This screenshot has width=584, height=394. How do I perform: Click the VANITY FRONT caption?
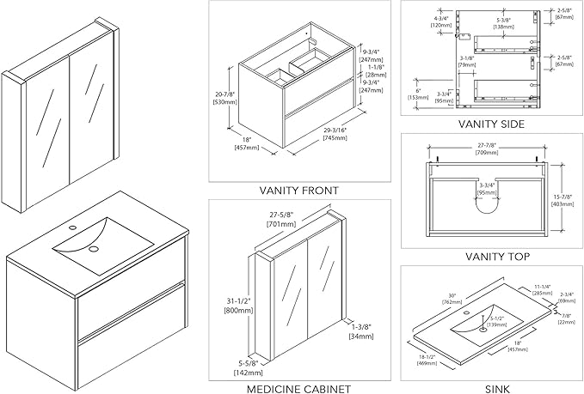(299, 190)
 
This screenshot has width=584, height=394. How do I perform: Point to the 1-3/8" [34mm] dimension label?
(360, 330)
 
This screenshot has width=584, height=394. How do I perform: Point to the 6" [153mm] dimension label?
(415, 92)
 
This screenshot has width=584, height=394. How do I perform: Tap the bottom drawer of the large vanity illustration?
(129, 330)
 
